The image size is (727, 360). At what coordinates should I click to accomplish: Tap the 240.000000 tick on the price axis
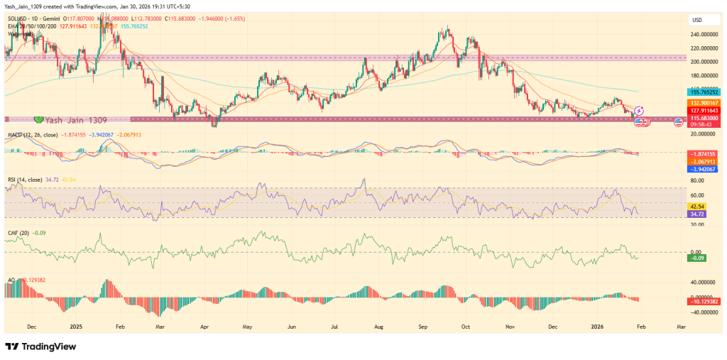click(x=706, y=34)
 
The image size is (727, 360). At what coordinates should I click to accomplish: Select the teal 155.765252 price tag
click(x=706, y=92)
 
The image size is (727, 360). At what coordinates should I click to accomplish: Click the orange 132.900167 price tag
click(x=706, y=103)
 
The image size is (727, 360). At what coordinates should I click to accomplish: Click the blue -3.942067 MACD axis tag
click(x=706, y=169)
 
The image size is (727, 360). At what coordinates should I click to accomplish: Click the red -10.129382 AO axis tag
click(x=706, y=302)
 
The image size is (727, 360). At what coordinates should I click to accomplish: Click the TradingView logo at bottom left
click(x=41, y=347)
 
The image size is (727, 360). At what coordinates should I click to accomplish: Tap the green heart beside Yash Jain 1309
click(x=40, y=119)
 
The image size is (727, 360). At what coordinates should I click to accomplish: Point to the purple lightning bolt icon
click(x=639, y=111)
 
